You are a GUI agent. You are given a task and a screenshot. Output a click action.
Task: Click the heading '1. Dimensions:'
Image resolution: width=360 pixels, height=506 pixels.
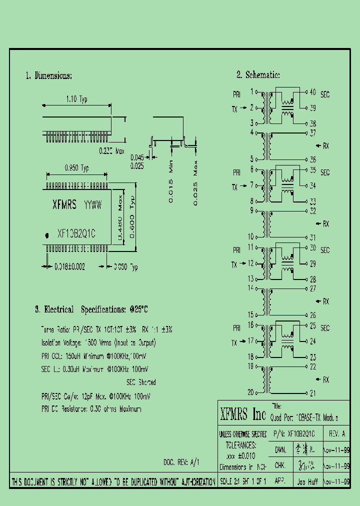tap(49, 76)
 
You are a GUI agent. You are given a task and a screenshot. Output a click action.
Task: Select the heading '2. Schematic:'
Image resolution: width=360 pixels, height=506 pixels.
tap(257, 75)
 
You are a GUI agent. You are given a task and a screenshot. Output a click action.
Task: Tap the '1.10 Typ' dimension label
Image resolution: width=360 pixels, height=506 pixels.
tap(76, 99)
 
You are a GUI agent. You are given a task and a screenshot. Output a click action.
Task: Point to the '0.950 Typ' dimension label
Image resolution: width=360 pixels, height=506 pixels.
tap(76, 168)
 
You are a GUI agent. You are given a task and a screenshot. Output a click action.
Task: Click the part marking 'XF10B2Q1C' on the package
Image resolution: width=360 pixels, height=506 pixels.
tap(76, 233)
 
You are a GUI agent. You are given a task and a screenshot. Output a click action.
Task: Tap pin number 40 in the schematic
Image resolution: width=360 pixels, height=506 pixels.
tap(312, 92)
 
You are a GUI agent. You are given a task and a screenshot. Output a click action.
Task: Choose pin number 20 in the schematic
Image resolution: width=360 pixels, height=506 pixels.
tap(251, 392)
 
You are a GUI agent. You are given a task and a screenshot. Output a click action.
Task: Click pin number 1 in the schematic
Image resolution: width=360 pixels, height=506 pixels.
tap(252, 91)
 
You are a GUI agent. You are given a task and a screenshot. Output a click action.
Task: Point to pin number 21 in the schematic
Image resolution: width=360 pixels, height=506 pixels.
tap(312, 393)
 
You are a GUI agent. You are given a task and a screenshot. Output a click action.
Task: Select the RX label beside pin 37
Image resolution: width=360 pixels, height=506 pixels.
tap(325, 146)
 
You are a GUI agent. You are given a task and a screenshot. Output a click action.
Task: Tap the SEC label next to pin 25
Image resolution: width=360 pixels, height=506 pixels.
tap(325, 328)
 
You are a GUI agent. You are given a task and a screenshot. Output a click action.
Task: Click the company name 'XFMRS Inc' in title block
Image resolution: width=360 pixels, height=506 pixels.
tap(243, 414)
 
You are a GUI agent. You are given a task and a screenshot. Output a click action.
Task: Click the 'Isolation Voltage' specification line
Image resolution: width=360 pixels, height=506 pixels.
tap(98, 343)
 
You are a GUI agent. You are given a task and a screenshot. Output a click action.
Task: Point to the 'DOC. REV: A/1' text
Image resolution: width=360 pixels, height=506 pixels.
tap(181, 462)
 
